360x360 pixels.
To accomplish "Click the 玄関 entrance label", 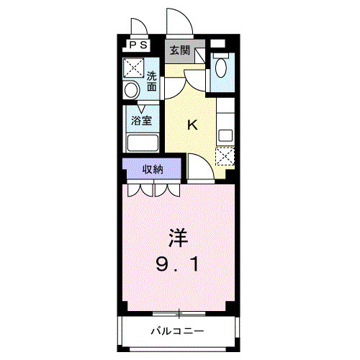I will tap(180, 50).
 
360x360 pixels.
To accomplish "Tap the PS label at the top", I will tap(138, 45).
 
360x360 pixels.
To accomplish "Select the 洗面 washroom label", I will tap(151, 81).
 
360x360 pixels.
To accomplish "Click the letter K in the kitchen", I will tap(192, 125).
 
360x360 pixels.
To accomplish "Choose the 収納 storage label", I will tap(152, 170).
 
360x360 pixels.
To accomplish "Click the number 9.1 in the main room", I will tap(178, 264).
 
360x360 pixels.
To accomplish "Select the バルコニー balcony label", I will tap(177, 332).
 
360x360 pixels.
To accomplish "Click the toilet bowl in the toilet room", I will tap(221, 70).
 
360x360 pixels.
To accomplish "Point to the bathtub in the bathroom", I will tap(143, 142).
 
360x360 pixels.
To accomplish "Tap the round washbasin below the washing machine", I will tap(132, 91).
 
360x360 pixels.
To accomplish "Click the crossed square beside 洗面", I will tap(133, 68).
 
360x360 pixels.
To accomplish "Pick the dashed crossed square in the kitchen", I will tap(225, 156).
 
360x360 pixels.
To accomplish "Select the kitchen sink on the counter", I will tap(225, 135).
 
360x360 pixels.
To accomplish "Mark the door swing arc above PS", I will tap(140, 27).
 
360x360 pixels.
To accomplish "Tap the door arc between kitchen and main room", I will tap(200, 167).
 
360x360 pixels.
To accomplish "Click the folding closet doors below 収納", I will tap(153, 191).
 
